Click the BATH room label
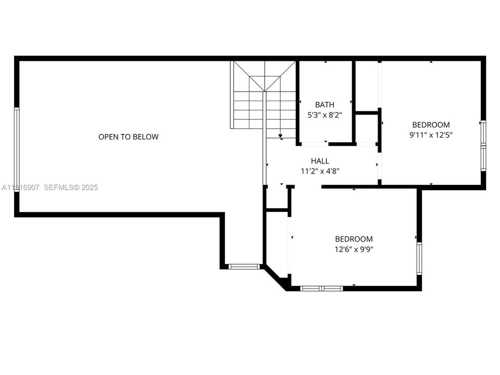coord(324,105)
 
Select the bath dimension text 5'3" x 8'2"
coord(324,115)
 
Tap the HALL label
coord(320,161)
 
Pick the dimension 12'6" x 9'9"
coord(354,249)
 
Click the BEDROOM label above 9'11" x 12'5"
coord(431,125)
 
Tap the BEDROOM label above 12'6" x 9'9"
coord(354,239)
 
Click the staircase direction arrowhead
coord(280,137)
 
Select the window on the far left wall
coord(17,149)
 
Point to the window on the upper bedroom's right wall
coord(483,146)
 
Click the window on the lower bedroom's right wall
coord(419,258)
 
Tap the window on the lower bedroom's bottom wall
coord(321,288)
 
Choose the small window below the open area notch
coord(244,267)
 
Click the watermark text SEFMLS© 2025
coord(71,187)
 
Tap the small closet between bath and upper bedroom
coord(367,128)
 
